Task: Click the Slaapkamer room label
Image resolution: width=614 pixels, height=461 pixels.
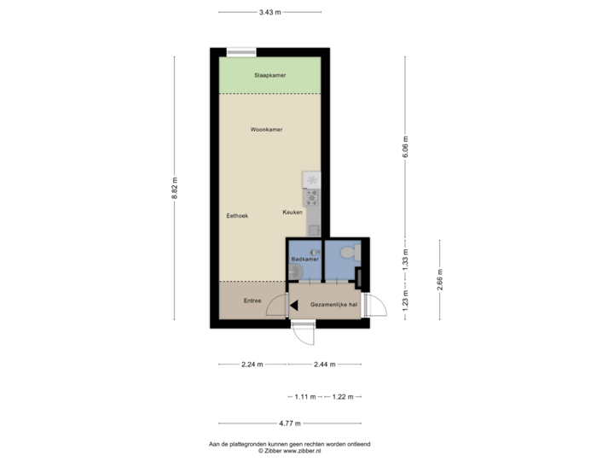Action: tap(269, 75)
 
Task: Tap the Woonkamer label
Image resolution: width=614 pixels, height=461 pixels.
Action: tap(266, 130)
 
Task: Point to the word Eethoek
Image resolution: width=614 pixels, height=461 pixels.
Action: tap(236, 216)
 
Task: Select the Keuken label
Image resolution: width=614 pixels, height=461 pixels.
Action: tap(293, 211)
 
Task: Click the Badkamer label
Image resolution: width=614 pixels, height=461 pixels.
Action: tap(304, 257)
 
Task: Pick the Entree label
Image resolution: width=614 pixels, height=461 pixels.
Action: tap(252, 300)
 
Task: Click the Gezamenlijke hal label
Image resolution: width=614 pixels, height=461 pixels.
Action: tap(328, 303)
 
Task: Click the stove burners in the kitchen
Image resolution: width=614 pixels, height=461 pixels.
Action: tap(312, 198)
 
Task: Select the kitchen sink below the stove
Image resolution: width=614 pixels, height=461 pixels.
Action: tap(313, 228)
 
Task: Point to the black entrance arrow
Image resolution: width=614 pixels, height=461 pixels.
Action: tap(293, 303)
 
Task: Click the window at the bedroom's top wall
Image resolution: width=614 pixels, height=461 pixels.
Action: tap(241, 52)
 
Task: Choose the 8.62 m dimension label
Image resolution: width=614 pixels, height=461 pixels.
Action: tap(175, 188)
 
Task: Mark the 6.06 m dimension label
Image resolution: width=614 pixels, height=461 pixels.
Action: tap(406, 148)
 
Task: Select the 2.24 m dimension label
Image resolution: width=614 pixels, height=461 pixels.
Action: tap(252, 365)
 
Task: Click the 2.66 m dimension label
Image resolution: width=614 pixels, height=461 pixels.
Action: tap(439, 280)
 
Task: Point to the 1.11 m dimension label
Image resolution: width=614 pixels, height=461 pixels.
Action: tap(305, 397)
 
